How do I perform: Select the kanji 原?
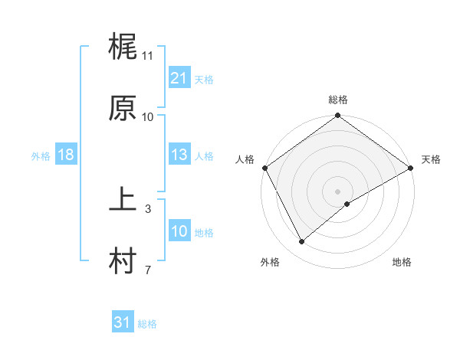123,109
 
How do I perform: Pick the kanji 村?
123,262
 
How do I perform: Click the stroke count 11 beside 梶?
148,56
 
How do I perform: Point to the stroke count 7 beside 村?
148,270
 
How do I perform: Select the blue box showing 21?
179,78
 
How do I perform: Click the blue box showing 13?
179,155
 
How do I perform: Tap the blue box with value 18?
65,155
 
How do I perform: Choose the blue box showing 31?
122,322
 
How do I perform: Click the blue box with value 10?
179,231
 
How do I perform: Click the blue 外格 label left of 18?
41,156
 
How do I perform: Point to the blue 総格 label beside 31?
147,324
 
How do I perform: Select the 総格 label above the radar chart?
337,100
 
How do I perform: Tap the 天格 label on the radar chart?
431,159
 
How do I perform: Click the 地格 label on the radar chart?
402,263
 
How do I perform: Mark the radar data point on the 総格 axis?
337,116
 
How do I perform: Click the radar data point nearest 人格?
265,167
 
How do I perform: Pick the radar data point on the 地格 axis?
347,204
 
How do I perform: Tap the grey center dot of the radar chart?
337,190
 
